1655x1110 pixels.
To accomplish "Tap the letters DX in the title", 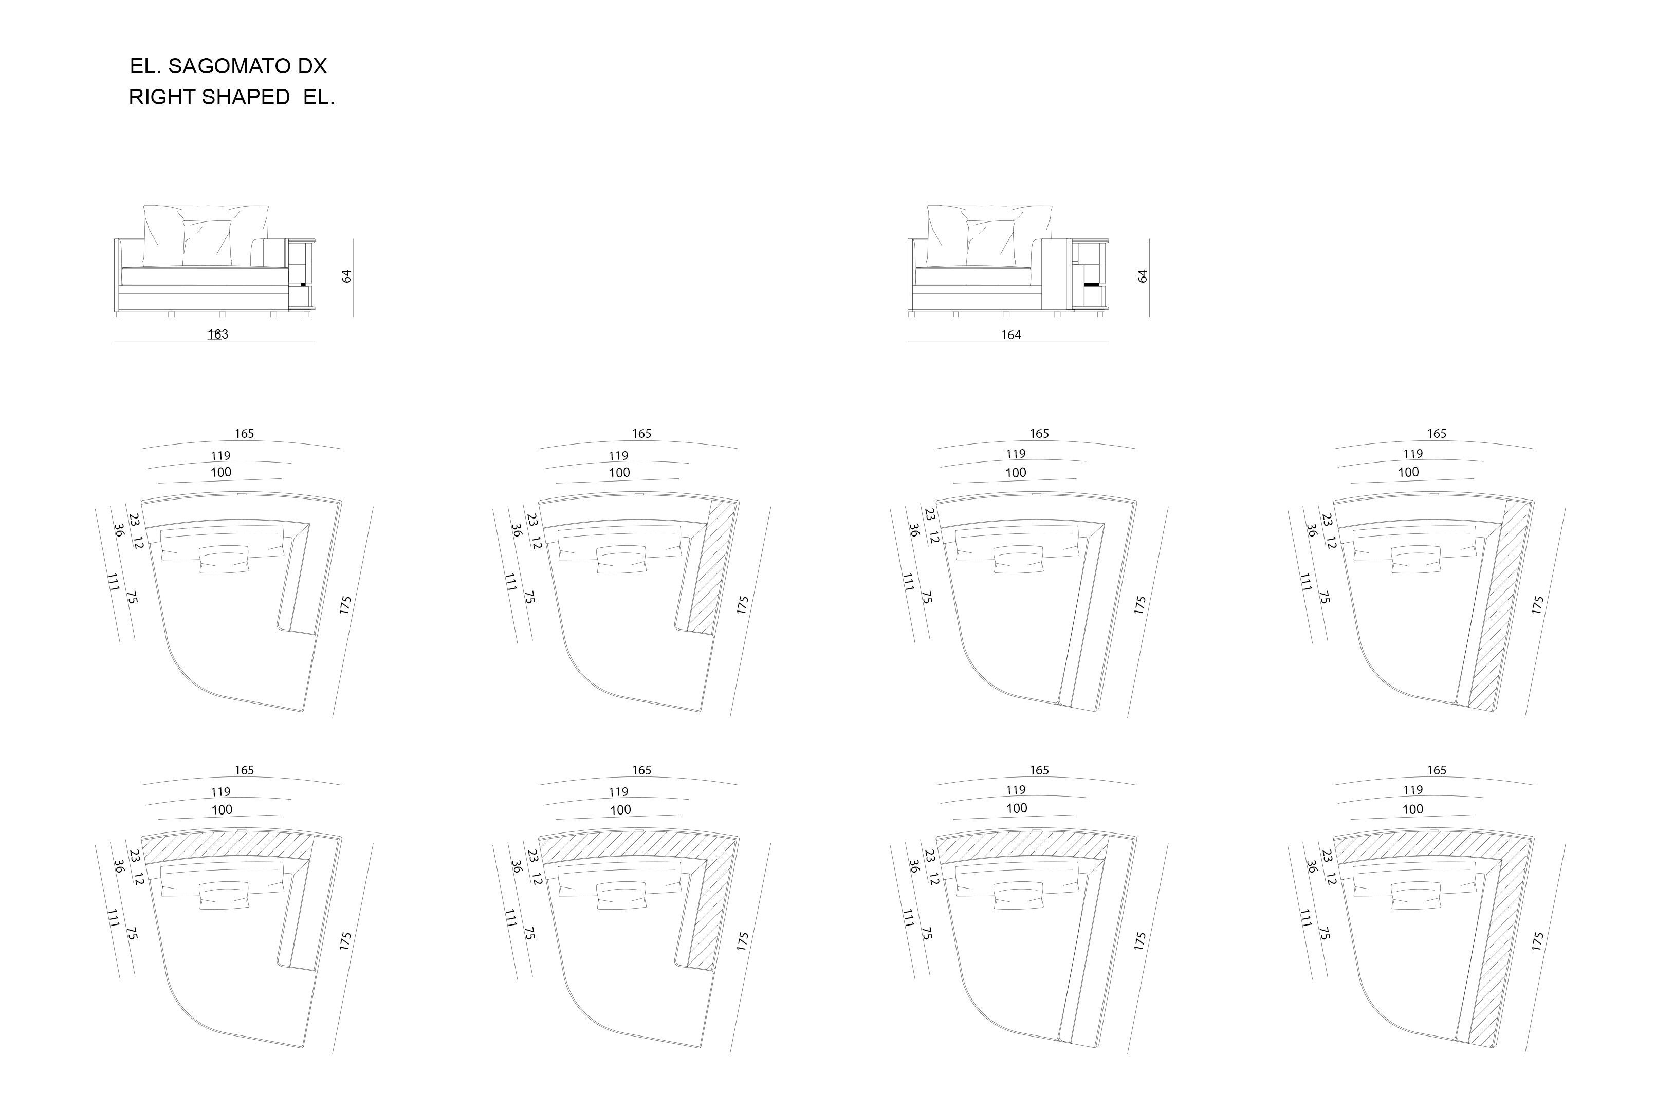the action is (x=312, y=66).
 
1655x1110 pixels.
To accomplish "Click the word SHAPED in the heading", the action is (x=246, y=98).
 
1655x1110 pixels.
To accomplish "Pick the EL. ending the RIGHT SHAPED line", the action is (x=319, y=98).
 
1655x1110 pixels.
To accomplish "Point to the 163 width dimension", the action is (x=218, y=334).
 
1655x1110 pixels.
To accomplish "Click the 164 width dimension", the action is (x=1011, y=335).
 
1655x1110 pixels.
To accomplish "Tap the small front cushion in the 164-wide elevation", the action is (x=991, y=243).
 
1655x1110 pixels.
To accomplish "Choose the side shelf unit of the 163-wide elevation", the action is (x=302, y=274).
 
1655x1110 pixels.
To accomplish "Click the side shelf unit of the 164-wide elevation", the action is (x=1090, y=274).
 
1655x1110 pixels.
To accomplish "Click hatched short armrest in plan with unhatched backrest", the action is (x=709, y=566).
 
